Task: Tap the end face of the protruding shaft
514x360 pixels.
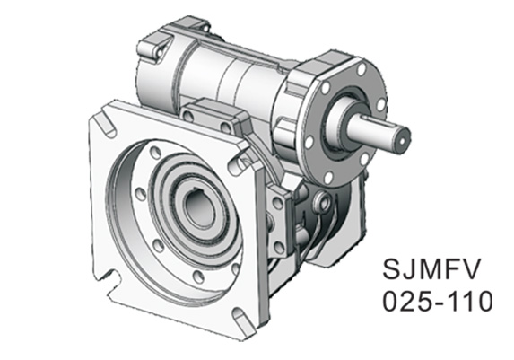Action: click(402, 138)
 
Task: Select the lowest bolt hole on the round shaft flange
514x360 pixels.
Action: click(328, 177)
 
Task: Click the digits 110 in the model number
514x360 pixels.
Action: click(472, 301)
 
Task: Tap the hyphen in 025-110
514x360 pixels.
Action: click(440, 302)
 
